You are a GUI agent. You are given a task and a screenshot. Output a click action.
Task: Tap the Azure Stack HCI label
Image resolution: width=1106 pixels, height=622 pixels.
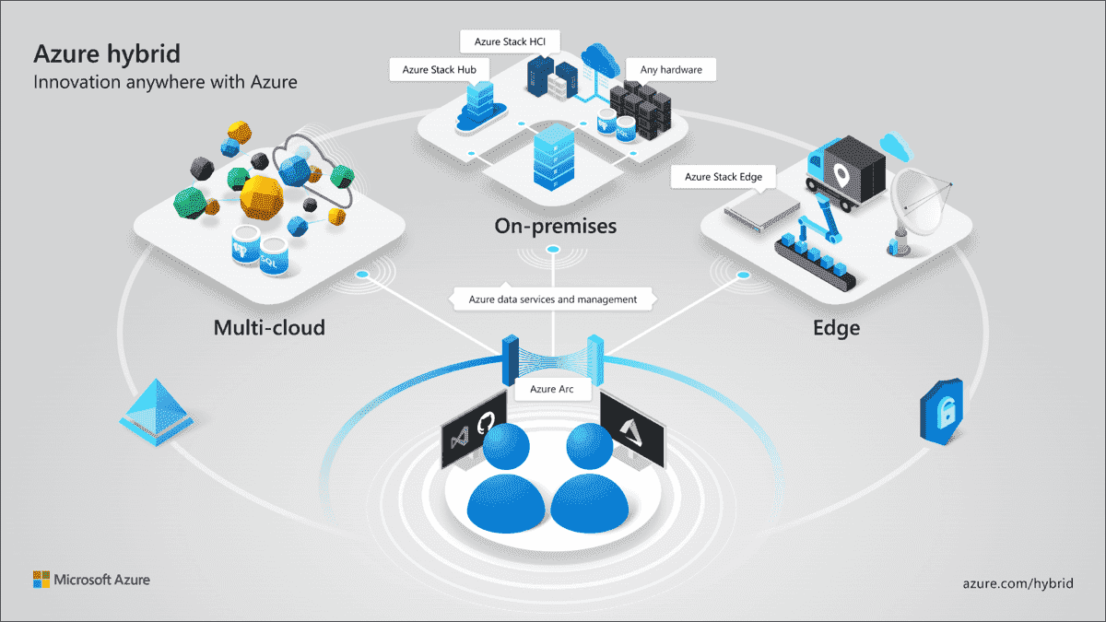[510, 41]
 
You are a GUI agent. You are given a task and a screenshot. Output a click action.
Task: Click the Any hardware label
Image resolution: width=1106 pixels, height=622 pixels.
[669, 70]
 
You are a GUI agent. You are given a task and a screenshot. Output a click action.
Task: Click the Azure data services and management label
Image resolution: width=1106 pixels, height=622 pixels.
[553, 299]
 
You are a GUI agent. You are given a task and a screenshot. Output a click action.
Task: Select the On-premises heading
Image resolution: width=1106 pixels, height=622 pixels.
[555, 226]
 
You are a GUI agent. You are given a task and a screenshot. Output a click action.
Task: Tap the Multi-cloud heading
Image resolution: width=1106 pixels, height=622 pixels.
[269, 327]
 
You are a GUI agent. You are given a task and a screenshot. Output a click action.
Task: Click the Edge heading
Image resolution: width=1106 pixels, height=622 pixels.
[836, 327]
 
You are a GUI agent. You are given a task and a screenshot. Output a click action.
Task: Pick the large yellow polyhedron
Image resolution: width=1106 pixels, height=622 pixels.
[264, 196]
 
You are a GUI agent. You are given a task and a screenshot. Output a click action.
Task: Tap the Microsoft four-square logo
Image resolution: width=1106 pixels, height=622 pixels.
[41, 580]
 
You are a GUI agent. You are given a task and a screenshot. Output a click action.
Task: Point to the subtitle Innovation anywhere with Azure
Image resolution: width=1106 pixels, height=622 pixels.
[166, 82]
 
